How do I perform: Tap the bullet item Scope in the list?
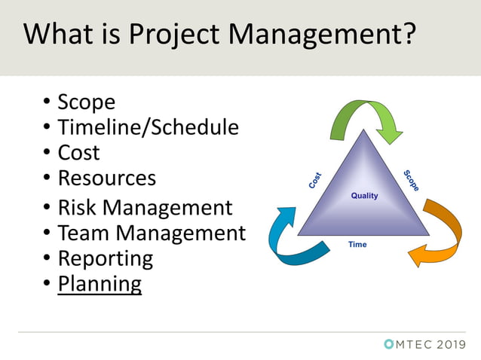(86, 102)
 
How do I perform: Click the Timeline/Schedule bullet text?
(148, 127)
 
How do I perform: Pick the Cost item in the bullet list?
(78, 152)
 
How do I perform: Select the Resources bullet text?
(106, 178)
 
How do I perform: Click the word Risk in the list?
(80, 207)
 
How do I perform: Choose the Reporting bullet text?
(105, 258)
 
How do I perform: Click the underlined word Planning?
(100, 284)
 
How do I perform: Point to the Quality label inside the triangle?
(365, 196)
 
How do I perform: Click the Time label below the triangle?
(357, 245)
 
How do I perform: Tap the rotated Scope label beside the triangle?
(412, 179)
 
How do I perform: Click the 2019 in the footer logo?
(451, 344)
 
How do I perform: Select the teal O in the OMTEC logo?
(388, 344)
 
